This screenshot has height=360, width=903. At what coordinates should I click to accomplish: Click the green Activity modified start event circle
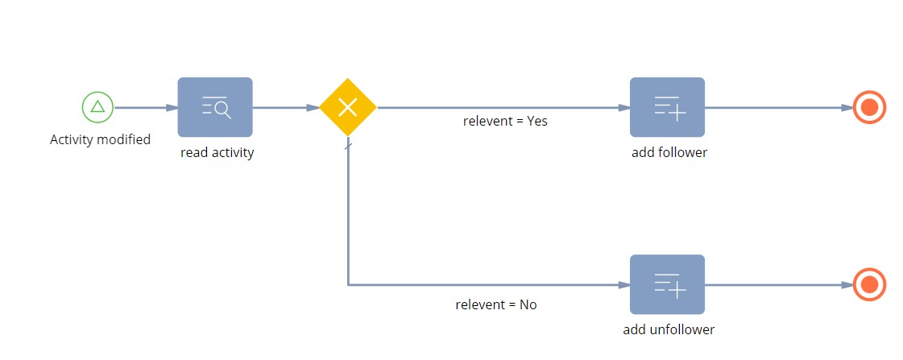click(98, 107)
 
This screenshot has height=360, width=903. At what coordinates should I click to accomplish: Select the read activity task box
click(215, 107)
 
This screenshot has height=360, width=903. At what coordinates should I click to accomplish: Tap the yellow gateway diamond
click(348, 107)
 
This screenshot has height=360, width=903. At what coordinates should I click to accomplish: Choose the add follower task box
click(668, 107)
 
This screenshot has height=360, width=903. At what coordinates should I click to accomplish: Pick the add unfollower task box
click(668, 284)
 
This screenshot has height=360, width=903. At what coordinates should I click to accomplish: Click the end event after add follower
click(870, 107)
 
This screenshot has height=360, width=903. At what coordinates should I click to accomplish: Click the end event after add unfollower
click(870, 284)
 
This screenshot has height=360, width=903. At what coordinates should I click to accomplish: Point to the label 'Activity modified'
click(100, 139)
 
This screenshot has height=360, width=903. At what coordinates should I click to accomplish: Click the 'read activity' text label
click(217, 153)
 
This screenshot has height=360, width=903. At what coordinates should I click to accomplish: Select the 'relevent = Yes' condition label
click(505, 121)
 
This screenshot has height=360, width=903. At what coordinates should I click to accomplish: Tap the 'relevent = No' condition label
click(496, 304)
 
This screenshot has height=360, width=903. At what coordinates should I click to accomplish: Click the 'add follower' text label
click(669, 153)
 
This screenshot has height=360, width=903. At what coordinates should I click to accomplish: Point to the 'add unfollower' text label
click(669, 329)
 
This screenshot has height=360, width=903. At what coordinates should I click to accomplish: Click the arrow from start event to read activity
click(146, 107)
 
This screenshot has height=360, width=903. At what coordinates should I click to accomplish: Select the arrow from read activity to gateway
click(286, 107)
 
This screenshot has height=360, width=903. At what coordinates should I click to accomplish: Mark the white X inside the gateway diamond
click(348, 107)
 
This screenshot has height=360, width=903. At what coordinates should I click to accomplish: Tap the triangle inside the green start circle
click(98, 106)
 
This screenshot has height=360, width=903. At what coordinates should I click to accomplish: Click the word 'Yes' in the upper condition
click(537, 121)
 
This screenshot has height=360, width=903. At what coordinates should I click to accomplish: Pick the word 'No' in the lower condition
click(528, 304)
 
